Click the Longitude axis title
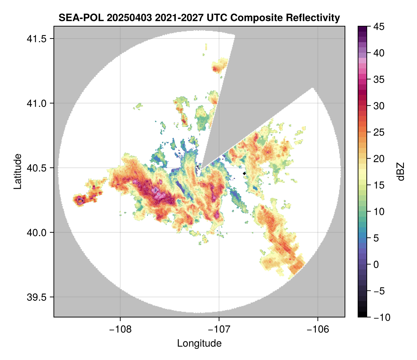(199, 343)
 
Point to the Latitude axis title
(17, 171)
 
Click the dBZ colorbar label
(401, 172)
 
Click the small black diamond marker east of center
(245, 173)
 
